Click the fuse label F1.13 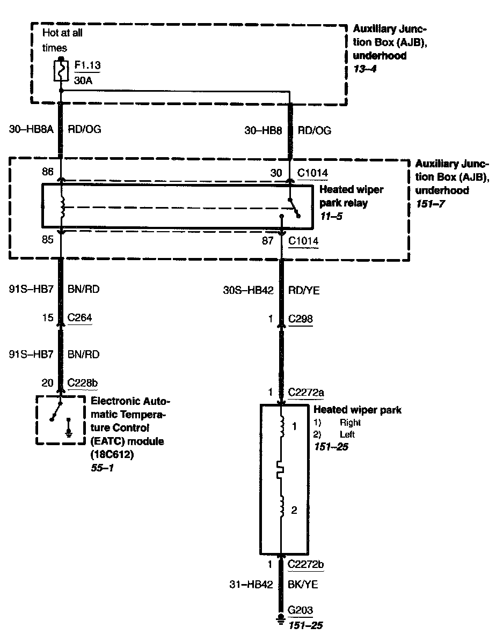tap(87, 65)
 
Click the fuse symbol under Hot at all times tap(61, 71)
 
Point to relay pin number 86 tap(47, 173)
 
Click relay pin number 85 tap(47, 240)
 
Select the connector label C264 tap(79, 318)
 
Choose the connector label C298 tap(301, 319)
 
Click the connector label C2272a tap(305, 392)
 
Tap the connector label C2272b tap(305, 565)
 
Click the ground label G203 tap(300, 610)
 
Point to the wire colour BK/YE tap(303, 585)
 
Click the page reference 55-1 tap(103, 468)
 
